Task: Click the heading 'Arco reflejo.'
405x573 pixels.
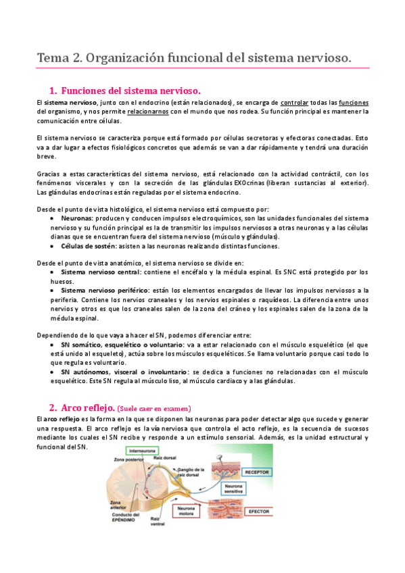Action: point(87,408)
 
